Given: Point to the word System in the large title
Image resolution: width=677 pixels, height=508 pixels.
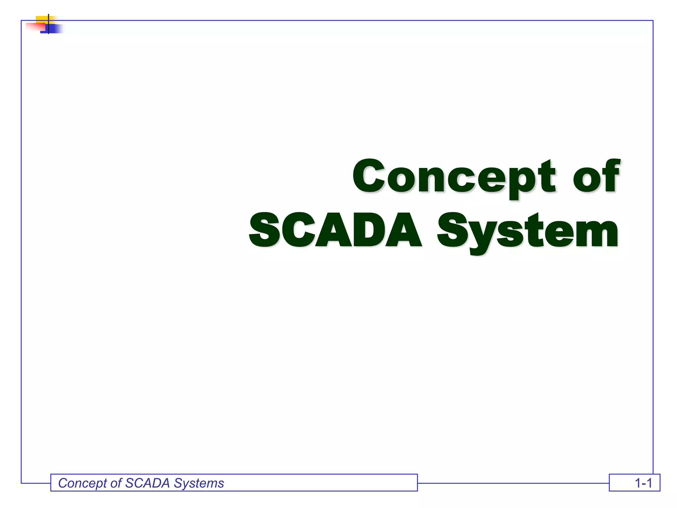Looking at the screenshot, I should click(x=527, y=231).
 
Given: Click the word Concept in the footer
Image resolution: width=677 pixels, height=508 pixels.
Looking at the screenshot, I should click(x=83, y=483).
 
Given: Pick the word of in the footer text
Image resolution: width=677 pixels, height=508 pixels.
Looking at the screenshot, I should click(x=116, y=483).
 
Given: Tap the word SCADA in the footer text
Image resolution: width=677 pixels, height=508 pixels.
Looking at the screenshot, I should click(x=147, y=483).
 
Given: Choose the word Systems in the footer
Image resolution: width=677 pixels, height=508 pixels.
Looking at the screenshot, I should click(x=199, y=483).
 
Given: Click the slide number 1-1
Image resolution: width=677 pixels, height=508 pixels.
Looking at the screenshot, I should click(x=643, y=483).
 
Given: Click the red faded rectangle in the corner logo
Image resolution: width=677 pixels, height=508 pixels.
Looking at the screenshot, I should click(x=35, y=26).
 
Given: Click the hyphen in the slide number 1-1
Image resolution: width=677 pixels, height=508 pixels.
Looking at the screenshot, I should click(x=643, y=484).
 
